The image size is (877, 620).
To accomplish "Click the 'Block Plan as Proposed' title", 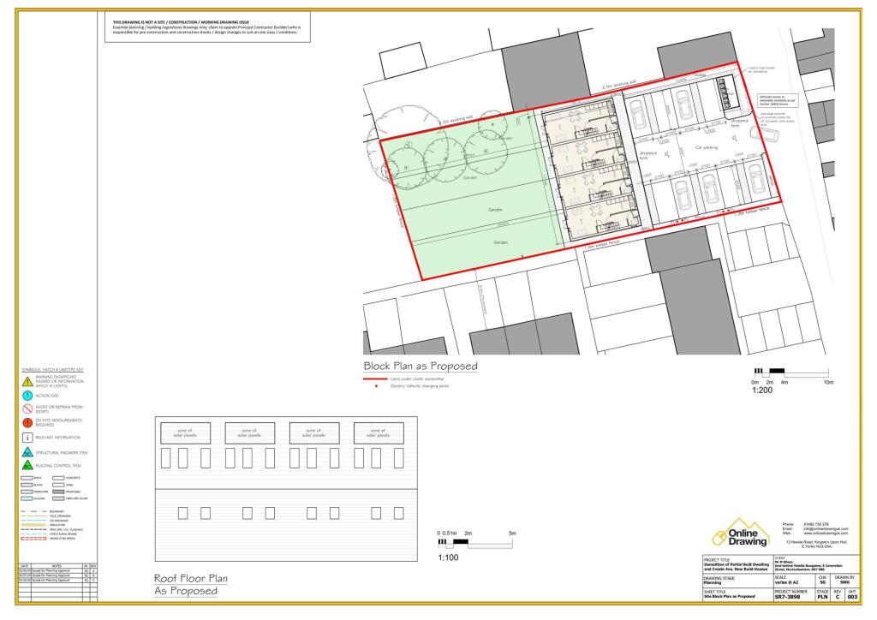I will click(x=421, y=367).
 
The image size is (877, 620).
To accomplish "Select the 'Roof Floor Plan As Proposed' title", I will click(x=184, y=584).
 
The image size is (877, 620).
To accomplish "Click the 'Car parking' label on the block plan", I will click(x=706, y=147).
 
